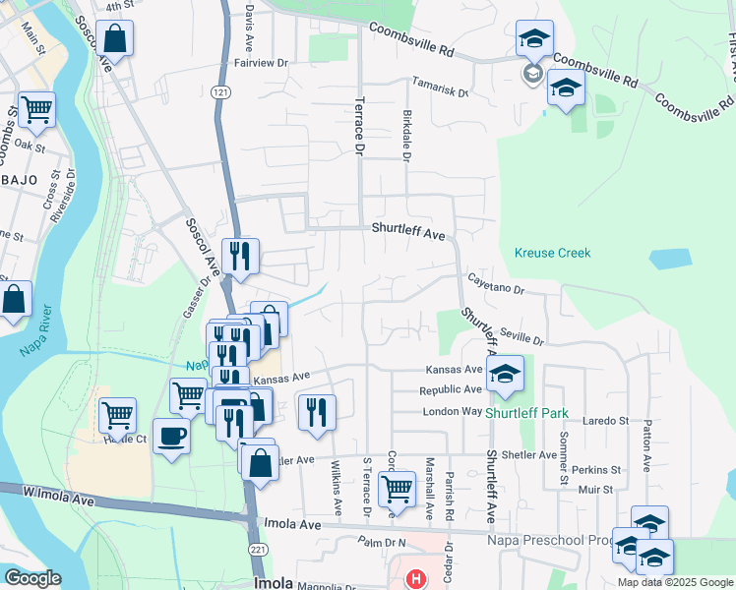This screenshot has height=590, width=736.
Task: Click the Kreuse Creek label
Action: click(552, 253)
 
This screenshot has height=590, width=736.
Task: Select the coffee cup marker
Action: click(171, 436)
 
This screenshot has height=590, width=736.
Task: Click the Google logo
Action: click(32, 578)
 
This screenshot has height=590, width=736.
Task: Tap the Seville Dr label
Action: click(521, 334)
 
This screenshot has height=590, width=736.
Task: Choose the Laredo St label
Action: click(607, 421)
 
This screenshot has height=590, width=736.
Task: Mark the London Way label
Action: click(453, 411)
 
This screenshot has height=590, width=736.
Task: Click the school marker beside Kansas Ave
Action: click(505, 374)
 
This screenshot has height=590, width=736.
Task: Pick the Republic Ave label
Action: click(451, 390)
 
